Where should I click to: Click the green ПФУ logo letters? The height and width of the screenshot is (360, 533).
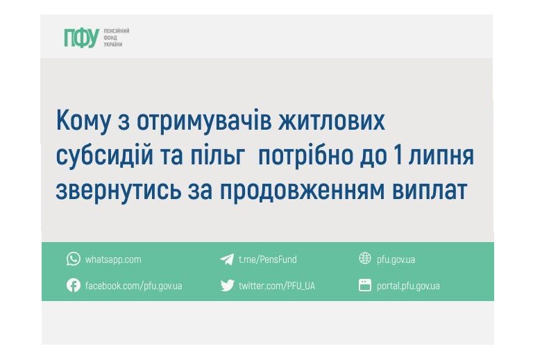coord(81,38)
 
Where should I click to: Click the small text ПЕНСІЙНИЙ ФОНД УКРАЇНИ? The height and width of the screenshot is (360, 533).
coord(116,37)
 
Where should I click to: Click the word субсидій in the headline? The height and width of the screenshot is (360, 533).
coord(106,157)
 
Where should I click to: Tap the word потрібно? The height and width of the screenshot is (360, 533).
coord(312,156)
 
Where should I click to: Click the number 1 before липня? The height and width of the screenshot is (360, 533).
coord(398,156)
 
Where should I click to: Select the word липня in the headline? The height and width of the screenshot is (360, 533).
coord(441,157)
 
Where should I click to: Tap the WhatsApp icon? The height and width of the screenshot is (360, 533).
coord(74,259)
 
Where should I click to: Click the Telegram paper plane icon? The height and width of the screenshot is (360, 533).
coord(226,259)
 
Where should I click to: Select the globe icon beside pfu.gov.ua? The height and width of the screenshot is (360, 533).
coord(365,259)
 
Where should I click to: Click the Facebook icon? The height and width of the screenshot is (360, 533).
coord(74,285)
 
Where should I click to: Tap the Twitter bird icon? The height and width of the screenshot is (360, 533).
coord(227,285)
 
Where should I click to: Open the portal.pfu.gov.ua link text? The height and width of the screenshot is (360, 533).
coord(408,286)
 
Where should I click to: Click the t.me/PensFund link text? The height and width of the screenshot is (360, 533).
coord(267,259)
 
